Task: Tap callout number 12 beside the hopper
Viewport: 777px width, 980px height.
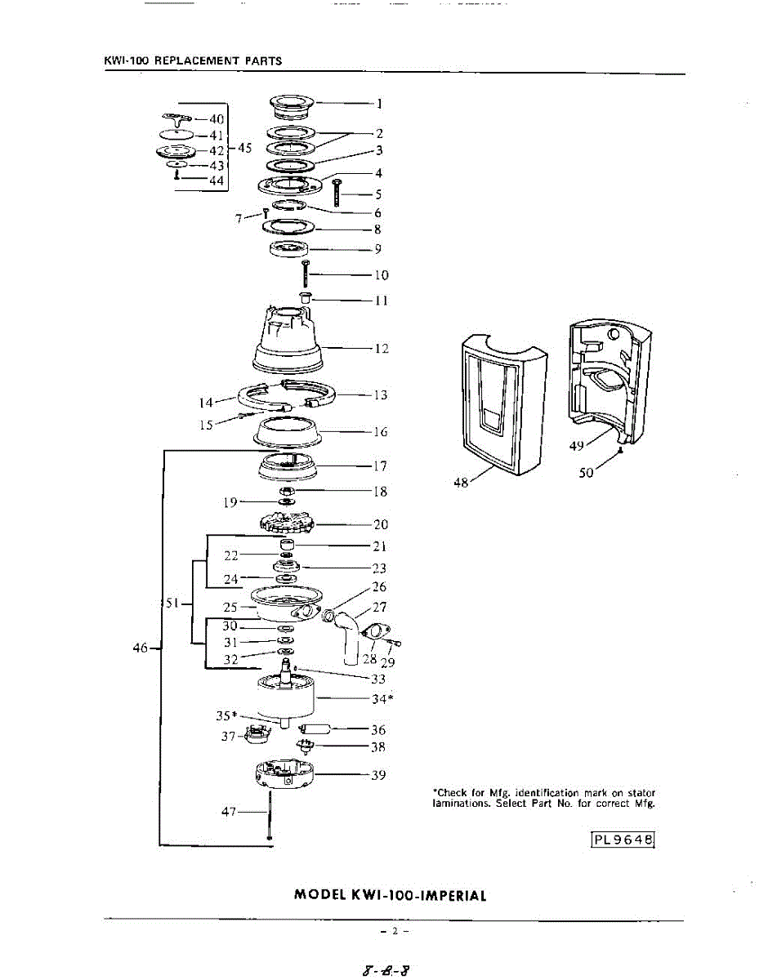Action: pyautogui.click(x=381, y=350)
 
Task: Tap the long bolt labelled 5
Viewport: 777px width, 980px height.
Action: pyautogui.click(x=337, y=194)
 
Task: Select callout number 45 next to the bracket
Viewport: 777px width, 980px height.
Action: pyautogui.click(x=245, y=149)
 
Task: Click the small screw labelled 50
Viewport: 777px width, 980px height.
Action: pyautogui.click(x=622, y=449)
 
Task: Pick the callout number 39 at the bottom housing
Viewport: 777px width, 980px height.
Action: pyautogui.click(x=378, y=775)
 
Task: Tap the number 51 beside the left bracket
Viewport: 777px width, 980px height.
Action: pyautogui.click(x=172, y=604)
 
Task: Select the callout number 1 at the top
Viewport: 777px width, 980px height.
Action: pyautogui.click(x=380, y=104)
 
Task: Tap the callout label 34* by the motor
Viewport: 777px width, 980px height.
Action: pyautogui.click(x=382, y=699)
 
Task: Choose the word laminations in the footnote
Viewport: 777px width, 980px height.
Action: pyautogui.click(x=458, y=804)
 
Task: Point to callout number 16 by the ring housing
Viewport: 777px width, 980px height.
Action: pyautogui.click(x=381, y=432)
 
